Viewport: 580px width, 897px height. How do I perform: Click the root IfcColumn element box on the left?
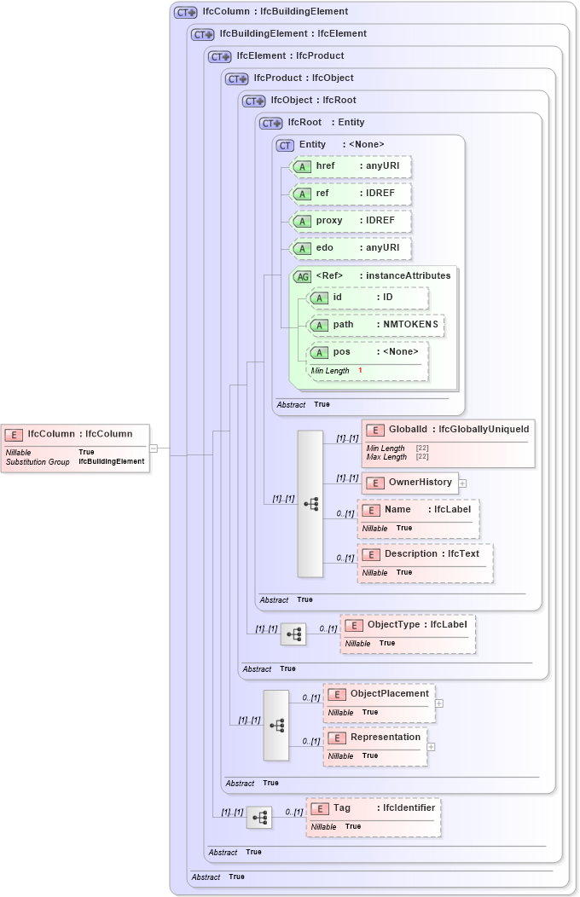[x=75, y=447]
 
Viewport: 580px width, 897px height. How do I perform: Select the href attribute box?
[x=351, y=166]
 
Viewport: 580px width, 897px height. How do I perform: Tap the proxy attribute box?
[x=351, y=221]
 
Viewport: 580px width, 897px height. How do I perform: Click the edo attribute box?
[x=351, y=249]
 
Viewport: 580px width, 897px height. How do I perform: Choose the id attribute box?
[x=368, y=298]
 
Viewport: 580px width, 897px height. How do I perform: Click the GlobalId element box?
[x=449, y=443]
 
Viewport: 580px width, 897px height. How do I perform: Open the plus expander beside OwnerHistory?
[x=462, y=483]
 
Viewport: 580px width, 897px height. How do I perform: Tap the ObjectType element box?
[x=408, y=634]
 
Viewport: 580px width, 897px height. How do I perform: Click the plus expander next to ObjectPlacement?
[x=439, y=703]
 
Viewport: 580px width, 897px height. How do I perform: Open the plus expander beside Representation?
[x=431, y=747]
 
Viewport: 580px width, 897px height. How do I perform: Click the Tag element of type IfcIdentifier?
[x=374, y=817]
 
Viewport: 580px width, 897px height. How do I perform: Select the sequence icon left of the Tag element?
[x=259, y=818]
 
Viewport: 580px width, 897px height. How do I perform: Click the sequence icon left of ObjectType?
[x=293, y=634]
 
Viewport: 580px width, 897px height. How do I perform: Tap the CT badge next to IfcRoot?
[x=271, y=123]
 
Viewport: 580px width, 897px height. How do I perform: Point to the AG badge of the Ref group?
[x=302, y=276]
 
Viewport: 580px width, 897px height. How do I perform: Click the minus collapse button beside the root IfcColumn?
[x=154, y=447]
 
